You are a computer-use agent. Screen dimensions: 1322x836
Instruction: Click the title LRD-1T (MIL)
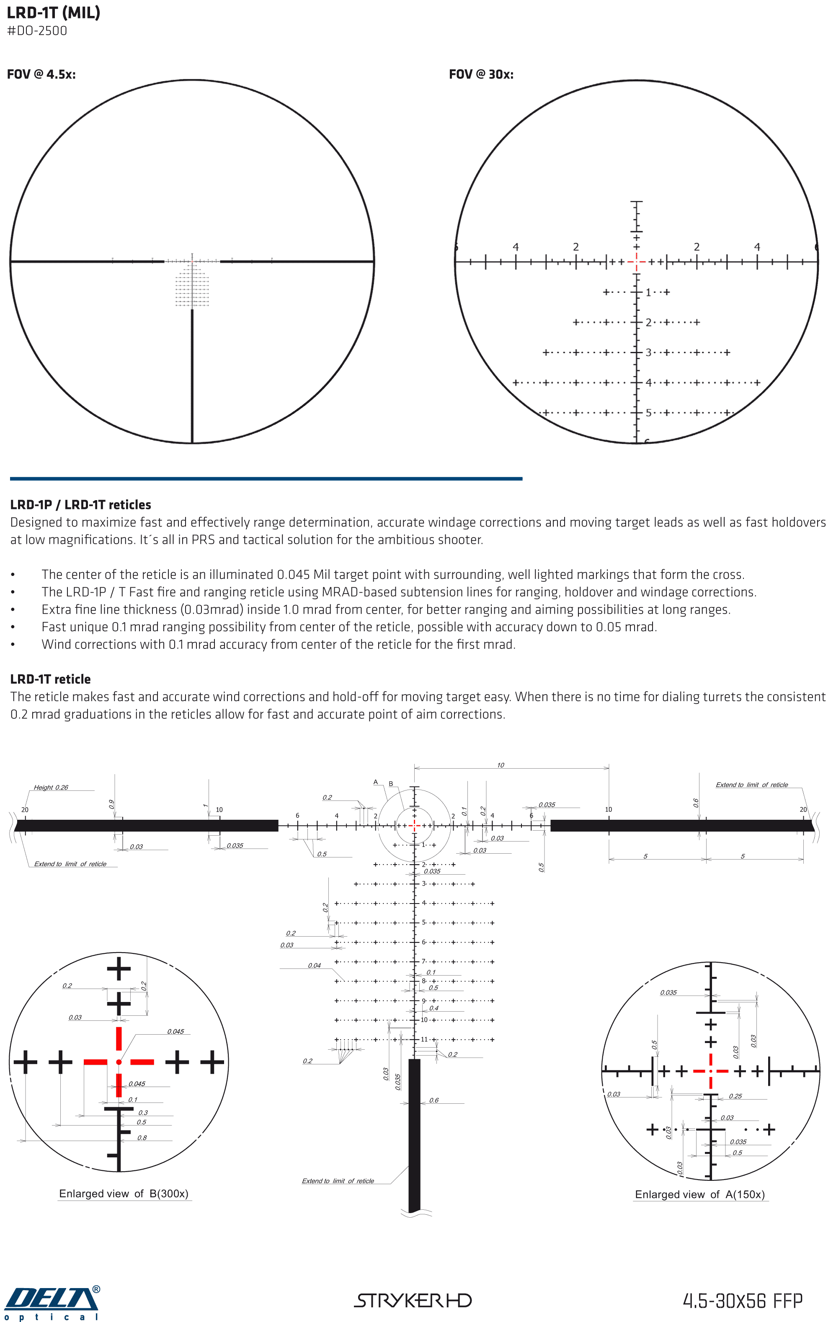pyautogui.click(x=53, y=13)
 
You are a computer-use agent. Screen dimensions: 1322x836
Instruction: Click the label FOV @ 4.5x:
pyautogui.click(x=41, y=75)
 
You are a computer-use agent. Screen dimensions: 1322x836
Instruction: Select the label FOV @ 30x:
pyautogui.click(x=481, y=75)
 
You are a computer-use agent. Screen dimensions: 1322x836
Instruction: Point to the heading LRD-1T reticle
pyautogui.click(x=51, y=679)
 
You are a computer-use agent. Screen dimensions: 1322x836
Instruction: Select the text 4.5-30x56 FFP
pyautogui.click(x=742, y=1301)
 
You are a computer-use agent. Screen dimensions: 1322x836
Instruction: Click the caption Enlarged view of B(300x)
pyautogui.click(x=124, y=1193)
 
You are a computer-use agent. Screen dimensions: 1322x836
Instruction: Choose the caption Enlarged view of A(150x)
pyautogui.click(x=700, y=1195)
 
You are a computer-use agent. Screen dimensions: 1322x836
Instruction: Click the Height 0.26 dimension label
pyautogui.click(x=51, y=787)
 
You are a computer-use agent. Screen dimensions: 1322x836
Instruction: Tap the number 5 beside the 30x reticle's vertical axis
pyautogui.click(x=648, y=412)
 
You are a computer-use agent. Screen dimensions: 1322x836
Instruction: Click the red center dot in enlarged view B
pyautogui.click(x=119, y=1062)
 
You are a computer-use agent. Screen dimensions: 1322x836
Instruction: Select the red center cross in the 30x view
pyautogui.click(x=636, y=262)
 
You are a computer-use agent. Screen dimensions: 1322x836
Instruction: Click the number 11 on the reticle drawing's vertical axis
pyautogui.click(x=424, y=1039)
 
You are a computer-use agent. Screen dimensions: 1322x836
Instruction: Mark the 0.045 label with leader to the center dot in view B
pyautogui.click(x=175, y=1032)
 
